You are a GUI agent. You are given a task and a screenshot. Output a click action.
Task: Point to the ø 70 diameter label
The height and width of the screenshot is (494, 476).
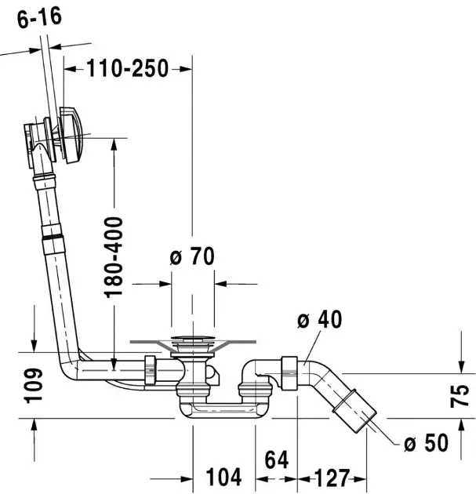(192, 256)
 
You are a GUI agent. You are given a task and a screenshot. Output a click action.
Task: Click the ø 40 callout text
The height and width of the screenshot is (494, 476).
(320, 321)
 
